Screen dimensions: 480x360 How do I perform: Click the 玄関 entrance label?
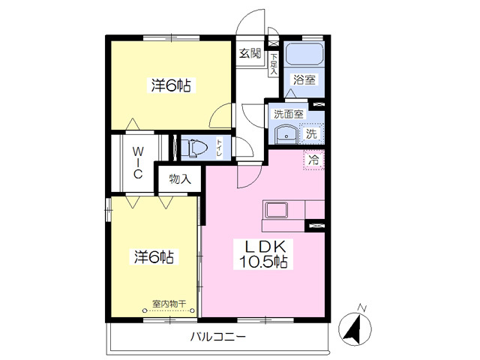tap(250, 53)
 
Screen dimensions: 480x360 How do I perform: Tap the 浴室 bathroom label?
tap(304, 79)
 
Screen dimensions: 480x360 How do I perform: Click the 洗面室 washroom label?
tap(288, 114)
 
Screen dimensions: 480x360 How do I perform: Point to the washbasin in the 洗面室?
tap(286, 134)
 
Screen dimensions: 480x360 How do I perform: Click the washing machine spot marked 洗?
tap(311, 133)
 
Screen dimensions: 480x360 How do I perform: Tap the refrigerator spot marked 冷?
tap(313, 160)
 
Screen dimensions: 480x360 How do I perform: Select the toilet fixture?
tap(194, 148)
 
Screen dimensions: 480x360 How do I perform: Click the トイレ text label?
tap(219, 148)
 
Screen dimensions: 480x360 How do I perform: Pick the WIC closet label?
tap(138, 163)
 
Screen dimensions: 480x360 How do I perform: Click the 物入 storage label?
tap(180, 178)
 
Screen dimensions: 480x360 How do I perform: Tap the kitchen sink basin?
tap(276, 210)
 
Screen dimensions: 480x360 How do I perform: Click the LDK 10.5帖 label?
tap(263, 253)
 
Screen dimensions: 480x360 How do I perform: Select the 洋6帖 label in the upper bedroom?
tap(171, 85)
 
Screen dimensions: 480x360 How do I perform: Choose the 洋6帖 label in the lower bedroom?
tap(154, 256)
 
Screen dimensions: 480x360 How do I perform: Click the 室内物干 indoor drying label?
tap(169, 304)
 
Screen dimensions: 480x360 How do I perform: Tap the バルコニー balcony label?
tap(218, 337)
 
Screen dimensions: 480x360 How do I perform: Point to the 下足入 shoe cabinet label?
tap(274, 64)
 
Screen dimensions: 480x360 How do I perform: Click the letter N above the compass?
tap(363, 308)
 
